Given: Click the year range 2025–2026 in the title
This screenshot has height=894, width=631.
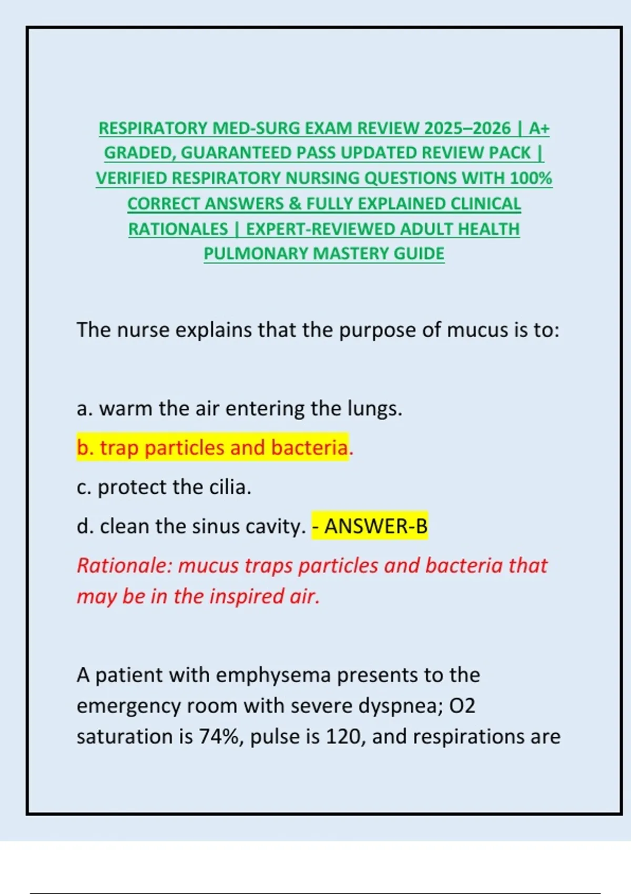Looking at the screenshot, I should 467,128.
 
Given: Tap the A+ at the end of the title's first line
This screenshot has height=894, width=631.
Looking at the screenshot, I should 539,128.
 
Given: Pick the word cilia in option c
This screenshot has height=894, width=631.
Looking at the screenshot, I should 229,487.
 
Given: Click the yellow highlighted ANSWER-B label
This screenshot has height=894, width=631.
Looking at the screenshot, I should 375,526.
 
